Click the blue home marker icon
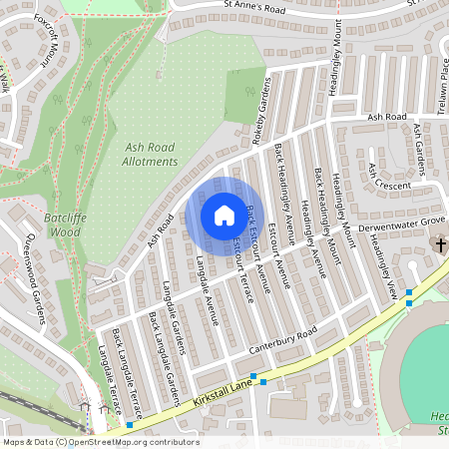224,216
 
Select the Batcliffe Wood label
62,224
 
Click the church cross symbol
439,245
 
